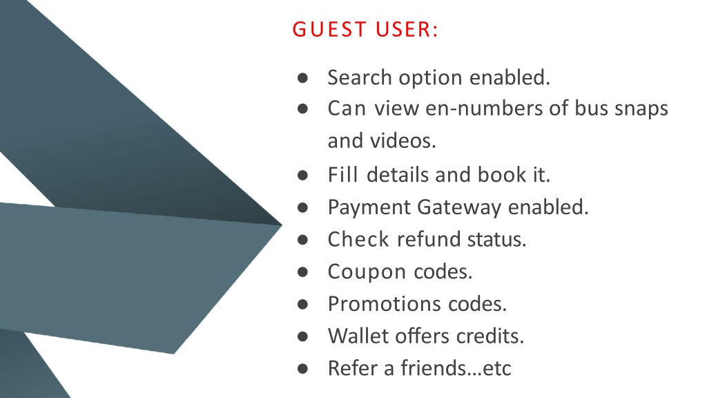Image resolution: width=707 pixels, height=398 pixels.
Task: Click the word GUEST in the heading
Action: [329, 29]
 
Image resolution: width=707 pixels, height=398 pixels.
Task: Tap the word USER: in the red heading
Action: [407, 29]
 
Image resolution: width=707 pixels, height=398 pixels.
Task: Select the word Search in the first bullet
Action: [359, 77]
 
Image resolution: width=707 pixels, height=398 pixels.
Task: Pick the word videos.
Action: [403, 140]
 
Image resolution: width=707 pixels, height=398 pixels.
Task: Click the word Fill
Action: [342, 174]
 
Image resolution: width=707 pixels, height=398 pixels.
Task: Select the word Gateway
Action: [459, 208]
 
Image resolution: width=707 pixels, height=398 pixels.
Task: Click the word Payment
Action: [369, 208]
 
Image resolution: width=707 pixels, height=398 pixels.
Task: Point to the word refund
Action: [428, 239]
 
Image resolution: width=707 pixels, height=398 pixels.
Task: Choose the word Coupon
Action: [367, 272]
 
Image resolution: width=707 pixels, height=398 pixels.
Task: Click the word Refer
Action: [352, 368]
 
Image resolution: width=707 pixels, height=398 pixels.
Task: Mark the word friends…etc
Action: [456, 368]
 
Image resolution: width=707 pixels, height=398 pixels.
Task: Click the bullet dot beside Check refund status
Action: [302, 240]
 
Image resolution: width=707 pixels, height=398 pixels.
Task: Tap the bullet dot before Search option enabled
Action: [302, 78]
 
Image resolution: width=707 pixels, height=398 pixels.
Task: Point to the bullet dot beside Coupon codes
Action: [302, 272]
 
